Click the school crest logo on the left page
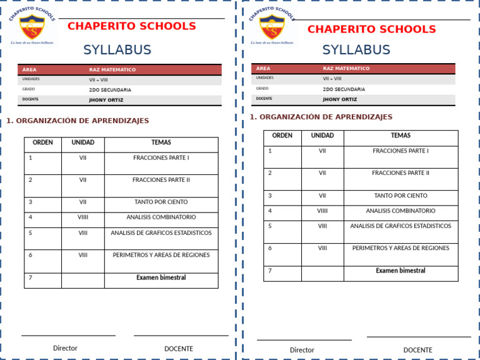31,27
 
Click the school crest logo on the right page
271,27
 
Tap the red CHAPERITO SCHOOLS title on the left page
131,26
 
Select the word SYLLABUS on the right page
356,50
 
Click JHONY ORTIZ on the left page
106,100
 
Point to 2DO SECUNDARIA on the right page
344,89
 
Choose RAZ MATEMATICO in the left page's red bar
112,70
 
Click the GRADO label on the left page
28,89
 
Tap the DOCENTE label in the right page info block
264,99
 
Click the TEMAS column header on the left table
161,142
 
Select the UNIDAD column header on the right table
322,136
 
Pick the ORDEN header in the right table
282,136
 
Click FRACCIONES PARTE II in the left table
161,180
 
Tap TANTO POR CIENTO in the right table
401,196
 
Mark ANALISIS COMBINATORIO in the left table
161,217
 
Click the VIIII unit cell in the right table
322,211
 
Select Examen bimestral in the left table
161,277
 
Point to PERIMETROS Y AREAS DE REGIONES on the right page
401,248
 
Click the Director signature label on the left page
65,348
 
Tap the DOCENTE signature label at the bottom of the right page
417,350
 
